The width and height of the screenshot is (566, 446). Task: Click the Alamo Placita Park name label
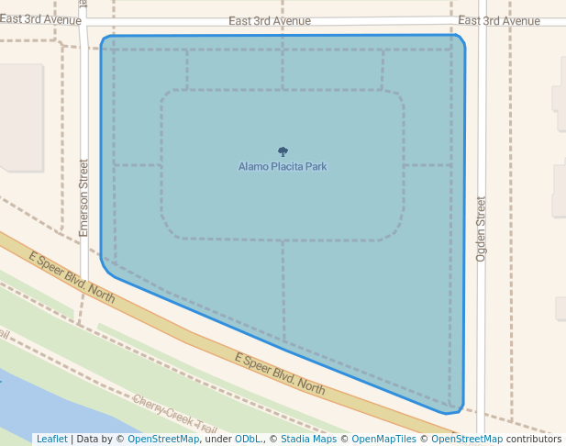(x=283, y=167)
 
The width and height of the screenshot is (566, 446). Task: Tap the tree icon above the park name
(x=283, y=151)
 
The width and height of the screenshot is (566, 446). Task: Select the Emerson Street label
(x=83, y=198)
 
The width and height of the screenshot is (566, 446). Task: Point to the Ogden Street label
(x=481, y=227)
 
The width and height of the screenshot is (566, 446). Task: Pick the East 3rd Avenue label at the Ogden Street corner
(x=499, y=21)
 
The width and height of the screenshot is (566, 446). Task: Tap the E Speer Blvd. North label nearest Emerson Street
(x=72, y=278)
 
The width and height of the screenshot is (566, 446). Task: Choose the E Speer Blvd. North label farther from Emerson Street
(x=280, y=374)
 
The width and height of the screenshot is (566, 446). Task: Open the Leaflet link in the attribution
(x=51, y=439)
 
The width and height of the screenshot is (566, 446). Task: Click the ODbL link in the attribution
(x=248, y=439)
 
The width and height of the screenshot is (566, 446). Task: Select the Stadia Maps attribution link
(x=308, y=439)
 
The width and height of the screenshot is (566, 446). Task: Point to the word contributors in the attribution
(x=534, y=439)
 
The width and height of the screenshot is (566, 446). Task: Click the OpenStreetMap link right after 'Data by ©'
(x=163, y=439)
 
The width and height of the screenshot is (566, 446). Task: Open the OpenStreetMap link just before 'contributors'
(x=467, y=439)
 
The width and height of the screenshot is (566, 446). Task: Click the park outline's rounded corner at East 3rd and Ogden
(x=459, y=41)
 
